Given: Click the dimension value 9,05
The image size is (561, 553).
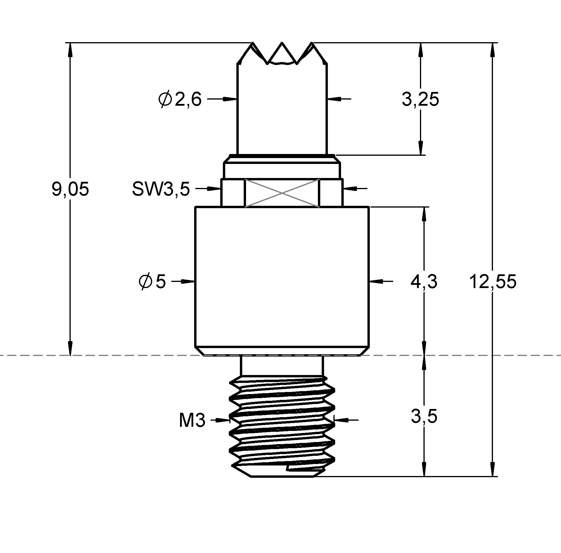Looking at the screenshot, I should click(70, 189).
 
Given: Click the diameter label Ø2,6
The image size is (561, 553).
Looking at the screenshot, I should click(180, 100).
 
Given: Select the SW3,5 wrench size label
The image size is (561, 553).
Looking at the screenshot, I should click(161, 189).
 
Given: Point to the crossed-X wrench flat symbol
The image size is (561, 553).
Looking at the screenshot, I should click(282, 193).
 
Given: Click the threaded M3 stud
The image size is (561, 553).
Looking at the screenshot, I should click(282, 427).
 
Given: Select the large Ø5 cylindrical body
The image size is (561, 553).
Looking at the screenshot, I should click(282, 277).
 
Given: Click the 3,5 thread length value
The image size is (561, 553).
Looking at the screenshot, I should click(424, 416).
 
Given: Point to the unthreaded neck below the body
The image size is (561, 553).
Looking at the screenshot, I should click(282, 366).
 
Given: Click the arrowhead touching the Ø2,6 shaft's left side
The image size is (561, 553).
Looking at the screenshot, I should click(230, 99).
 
